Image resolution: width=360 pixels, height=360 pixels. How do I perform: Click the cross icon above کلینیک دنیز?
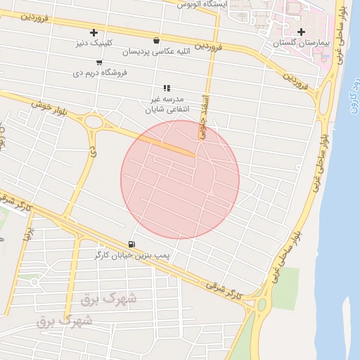[x=94, y=32]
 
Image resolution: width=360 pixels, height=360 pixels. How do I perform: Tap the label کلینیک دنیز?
[x=94, y=43]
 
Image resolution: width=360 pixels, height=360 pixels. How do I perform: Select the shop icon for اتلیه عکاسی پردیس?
[x=155, y=40]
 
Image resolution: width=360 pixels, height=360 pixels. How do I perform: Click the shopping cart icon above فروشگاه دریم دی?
[x=99, y=62]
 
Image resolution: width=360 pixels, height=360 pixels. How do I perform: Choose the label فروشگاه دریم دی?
[x=99, y=72]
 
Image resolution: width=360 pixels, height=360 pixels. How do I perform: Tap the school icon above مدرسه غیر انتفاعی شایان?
[x=167, y=88]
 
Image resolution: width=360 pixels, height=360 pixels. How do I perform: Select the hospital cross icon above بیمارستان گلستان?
[x=302, y=32]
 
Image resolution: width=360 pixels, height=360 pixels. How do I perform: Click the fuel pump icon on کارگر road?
[x=131, y=245]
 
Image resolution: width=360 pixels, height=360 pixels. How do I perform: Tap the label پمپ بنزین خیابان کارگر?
[x=132, y=255]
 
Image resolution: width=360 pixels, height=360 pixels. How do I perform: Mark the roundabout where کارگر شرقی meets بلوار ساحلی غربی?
[x=262, y=305]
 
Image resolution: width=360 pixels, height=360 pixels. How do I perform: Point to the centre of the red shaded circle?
[x=180, y=179]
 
